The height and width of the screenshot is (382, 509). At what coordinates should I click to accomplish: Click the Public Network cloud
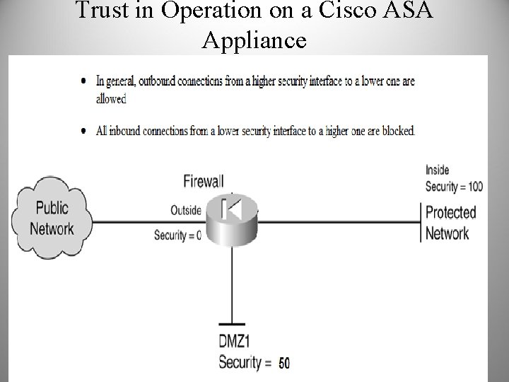point(52,219)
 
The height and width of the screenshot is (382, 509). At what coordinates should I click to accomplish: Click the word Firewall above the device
point(204,181)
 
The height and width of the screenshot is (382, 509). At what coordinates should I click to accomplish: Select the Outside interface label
point(186,210)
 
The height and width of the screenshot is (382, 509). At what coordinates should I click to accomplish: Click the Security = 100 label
point(454,187)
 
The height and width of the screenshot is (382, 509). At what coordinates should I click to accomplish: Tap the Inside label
point(437,170)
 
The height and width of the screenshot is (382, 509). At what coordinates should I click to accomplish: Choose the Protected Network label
point(451,222)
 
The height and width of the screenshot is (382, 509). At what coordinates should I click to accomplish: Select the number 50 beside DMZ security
point(283,364)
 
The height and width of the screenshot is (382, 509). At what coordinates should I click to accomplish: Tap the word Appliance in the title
point(254,40)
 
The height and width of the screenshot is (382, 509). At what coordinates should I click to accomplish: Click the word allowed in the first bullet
point(111,98)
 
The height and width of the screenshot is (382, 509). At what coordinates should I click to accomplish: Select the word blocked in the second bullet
point(396,130)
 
